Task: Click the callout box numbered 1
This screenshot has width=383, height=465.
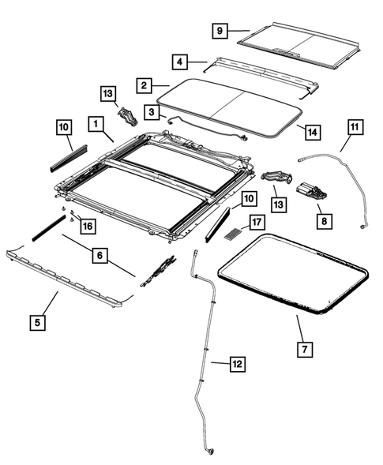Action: coord(96,125)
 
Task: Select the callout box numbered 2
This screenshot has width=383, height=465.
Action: coord(143,84)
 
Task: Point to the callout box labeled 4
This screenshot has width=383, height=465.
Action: coord(180,61)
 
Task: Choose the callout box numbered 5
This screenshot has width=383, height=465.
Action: coord(36,321)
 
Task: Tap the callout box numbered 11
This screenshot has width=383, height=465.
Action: coord(354,126)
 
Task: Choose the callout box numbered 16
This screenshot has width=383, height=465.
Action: coord(87,226)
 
